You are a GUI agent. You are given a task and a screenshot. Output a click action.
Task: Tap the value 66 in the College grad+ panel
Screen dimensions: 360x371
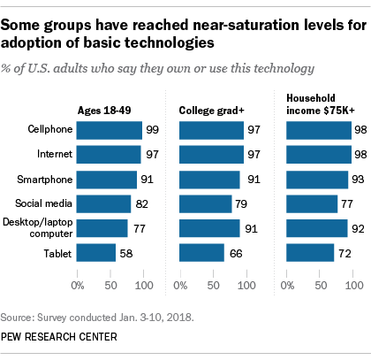[x=234, y=253]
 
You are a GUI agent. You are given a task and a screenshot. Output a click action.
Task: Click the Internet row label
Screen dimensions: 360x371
[x=54, y=156]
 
